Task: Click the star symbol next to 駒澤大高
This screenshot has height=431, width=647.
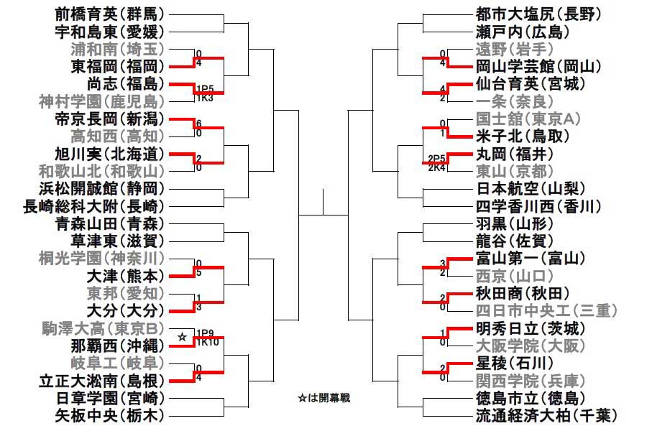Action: [183, 336]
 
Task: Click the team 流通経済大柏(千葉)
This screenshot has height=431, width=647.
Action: [546, 414]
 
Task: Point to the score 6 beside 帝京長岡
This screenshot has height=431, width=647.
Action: [198, 123]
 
